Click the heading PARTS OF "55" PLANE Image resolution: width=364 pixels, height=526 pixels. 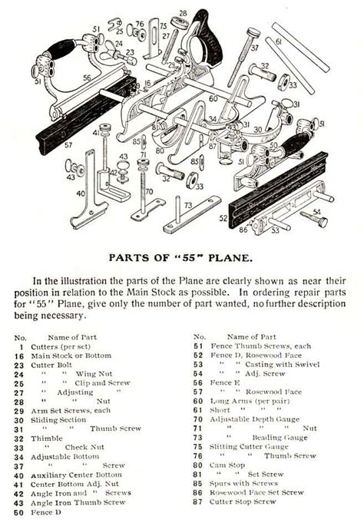[180, 258]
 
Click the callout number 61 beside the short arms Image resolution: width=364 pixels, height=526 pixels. [279, 41]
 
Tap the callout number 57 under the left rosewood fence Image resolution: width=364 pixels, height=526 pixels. [68, 145]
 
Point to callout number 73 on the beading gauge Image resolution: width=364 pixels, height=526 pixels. [188, 204]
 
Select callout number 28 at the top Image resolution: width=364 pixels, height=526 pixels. [183, 13]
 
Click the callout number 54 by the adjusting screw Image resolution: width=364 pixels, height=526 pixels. [317, 212]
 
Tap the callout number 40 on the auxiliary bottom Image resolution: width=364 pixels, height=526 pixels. [81, 194]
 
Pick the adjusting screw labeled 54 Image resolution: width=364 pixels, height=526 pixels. [313, 218]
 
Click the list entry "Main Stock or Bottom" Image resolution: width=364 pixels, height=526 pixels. [71, 356]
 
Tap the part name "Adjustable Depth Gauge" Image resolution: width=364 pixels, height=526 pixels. [255, 419]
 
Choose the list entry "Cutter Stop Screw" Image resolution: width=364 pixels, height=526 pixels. [243, 502]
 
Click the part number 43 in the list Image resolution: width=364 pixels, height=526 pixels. [18, 503]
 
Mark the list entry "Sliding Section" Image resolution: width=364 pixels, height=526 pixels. [58, 420]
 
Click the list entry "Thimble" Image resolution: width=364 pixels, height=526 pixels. [47, 438]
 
